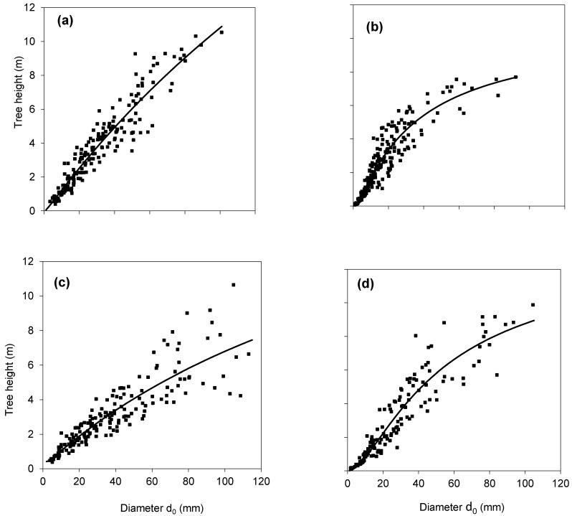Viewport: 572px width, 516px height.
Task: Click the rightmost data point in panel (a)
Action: point(221,32)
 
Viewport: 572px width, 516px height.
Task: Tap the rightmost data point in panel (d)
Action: point(533,304)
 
